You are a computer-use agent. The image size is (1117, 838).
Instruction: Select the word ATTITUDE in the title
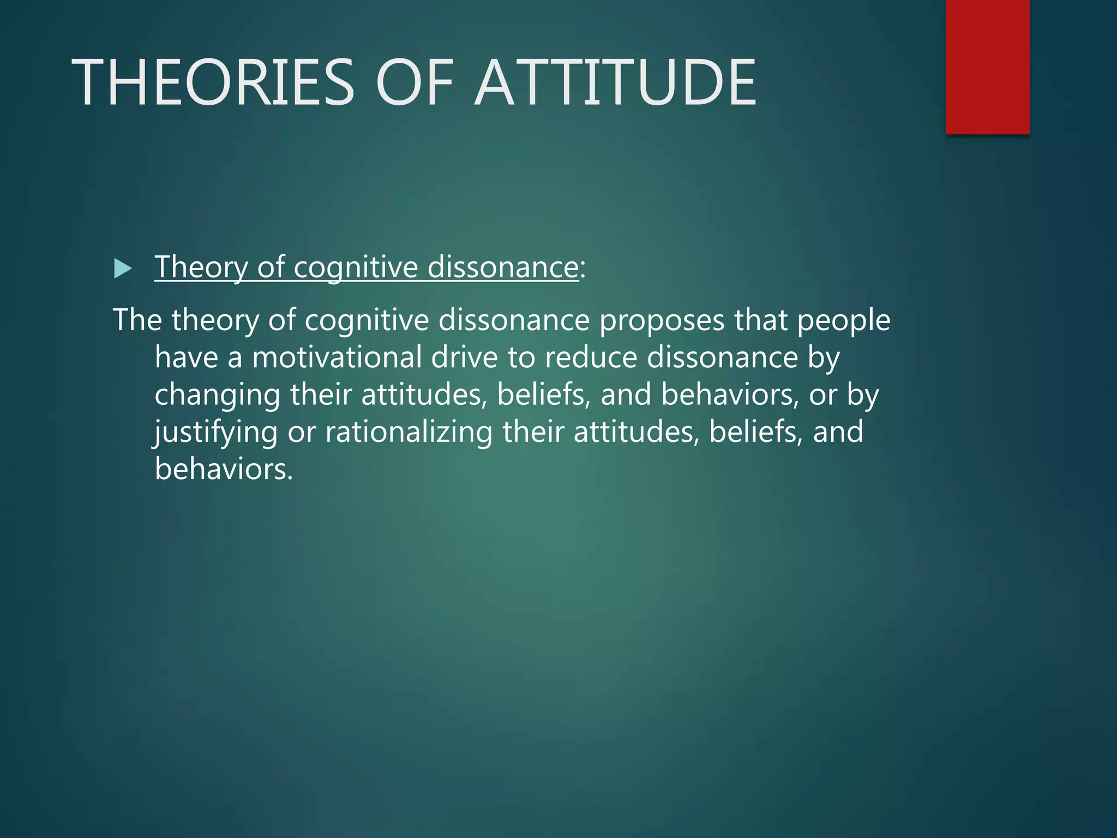(615, 83)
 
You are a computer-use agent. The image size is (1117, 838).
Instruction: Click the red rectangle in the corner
(987, 67)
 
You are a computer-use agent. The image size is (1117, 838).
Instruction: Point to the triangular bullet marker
(123, 268)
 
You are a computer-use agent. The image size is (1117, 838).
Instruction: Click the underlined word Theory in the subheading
(201, 267)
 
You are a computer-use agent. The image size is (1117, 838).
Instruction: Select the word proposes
(662, 321)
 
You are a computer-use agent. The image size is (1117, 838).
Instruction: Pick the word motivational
(337, 358)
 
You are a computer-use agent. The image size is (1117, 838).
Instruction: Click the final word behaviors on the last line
(224, 469)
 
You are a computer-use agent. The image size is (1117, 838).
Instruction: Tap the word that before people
(760, 321)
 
